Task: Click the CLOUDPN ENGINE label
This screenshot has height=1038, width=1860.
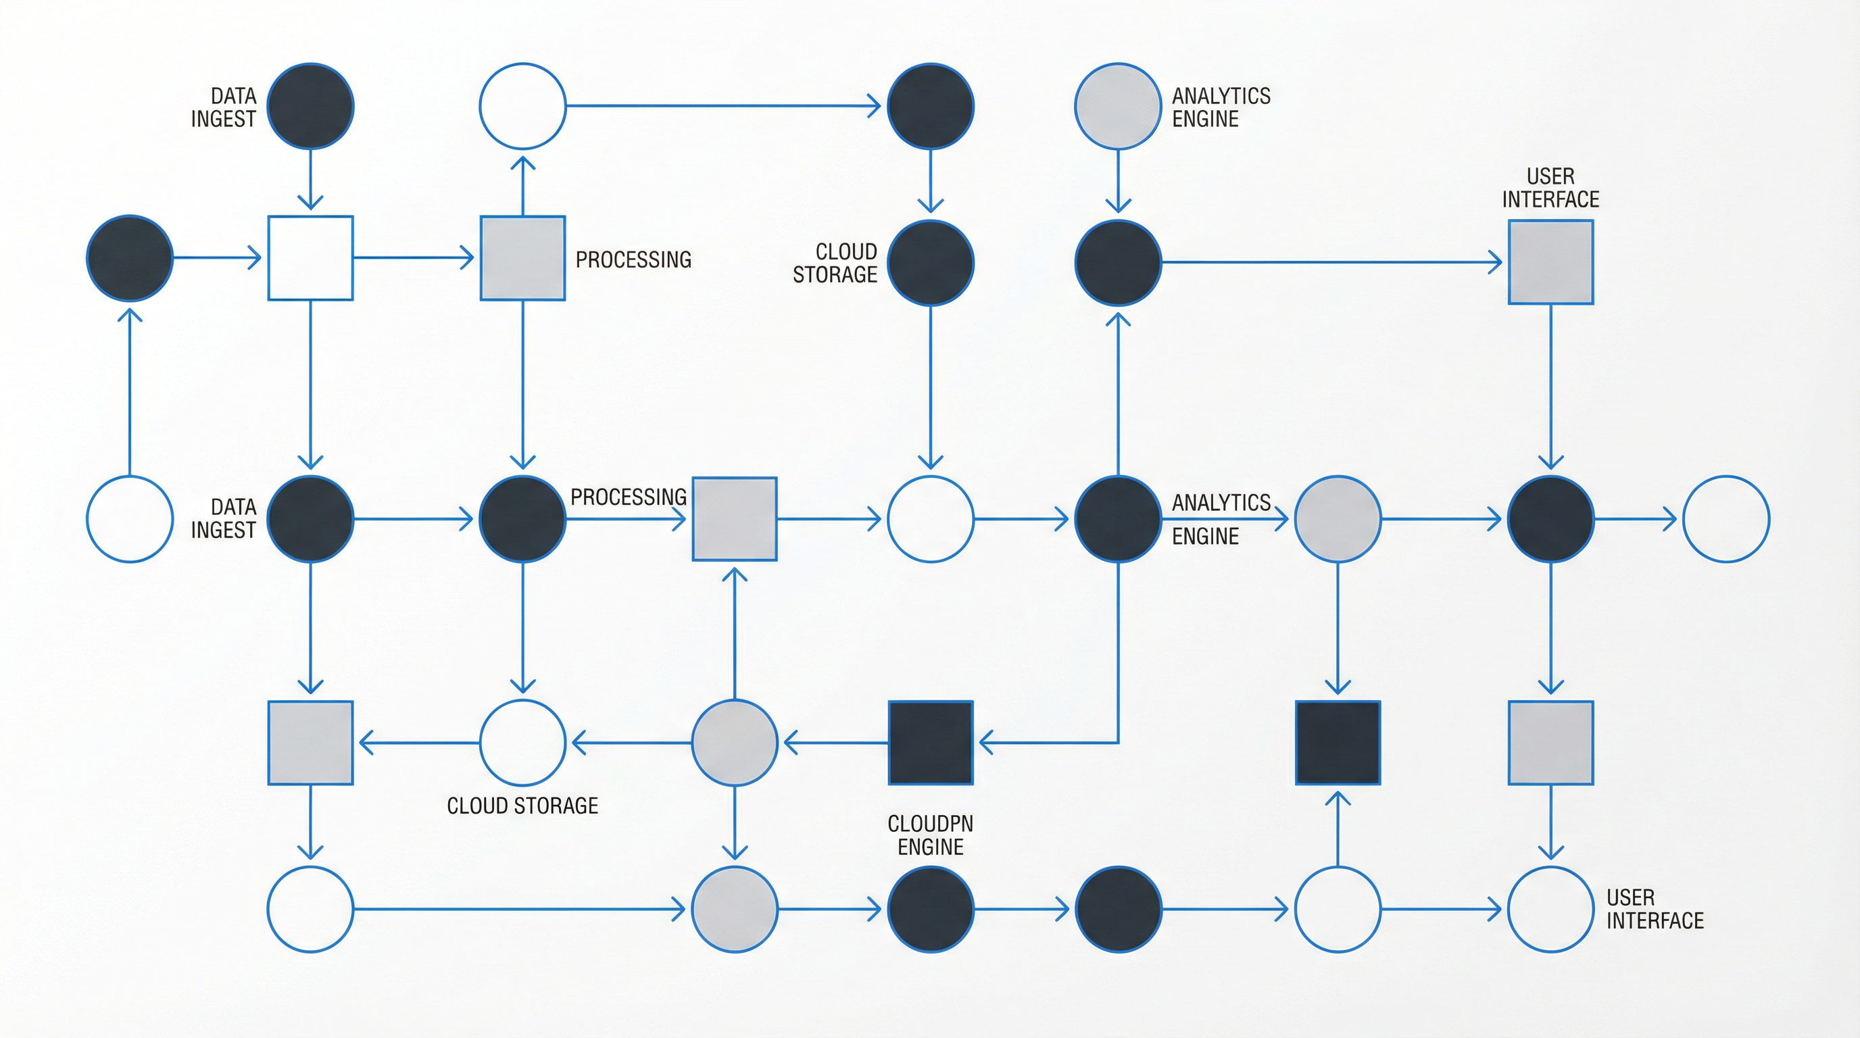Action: pos(930,835)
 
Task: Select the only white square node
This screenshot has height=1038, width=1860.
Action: pos(310,257)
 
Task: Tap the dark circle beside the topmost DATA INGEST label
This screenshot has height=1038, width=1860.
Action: pos(310,106)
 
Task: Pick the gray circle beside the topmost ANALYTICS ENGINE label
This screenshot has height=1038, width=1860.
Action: pos(1118,106)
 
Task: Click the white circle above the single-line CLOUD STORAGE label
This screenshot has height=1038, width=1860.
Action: pos(522,742)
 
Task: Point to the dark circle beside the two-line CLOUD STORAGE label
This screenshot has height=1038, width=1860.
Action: pos(930,263)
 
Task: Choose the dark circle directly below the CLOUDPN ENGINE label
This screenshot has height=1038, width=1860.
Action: pos(930,909)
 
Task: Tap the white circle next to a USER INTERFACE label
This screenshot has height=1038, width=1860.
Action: pos(1550,909)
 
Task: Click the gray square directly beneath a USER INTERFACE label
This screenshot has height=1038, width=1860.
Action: pos(1550,262)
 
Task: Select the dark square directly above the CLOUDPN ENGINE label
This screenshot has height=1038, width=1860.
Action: pos(930,742)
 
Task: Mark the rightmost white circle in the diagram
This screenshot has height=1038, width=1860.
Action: pos(1726,518)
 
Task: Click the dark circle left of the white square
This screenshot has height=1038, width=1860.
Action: pos(130,257)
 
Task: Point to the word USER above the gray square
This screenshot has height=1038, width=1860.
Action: pos(1550,176)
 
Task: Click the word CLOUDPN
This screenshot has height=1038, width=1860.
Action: pos(930,824)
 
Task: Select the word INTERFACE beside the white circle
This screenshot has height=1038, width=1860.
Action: pos(1655,920)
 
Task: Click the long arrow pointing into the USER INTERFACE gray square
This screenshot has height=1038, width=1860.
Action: pos(1329,262)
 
